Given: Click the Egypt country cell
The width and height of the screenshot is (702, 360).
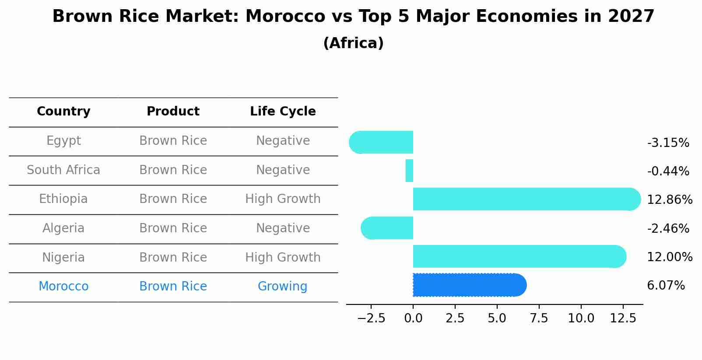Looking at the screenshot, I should [x=63, y=141].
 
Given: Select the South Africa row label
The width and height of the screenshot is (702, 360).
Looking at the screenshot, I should [x=63, y=170].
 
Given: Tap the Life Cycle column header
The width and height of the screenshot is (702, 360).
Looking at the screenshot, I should [x=283, y=112].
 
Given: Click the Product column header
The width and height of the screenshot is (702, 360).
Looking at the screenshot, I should [x=173, y=112].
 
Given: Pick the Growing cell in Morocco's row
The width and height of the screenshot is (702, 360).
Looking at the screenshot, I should [x=282, y=287].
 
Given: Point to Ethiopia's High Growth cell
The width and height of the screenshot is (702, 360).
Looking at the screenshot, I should [x=283, y=199].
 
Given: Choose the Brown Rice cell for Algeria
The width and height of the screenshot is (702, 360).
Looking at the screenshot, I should [x=173, y=228].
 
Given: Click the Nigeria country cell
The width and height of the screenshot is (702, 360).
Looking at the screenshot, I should [x=63, y=258].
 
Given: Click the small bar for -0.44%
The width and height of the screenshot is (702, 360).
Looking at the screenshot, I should [x=409, y=171].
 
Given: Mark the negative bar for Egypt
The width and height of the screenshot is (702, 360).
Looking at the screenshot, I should [x=381, y=142].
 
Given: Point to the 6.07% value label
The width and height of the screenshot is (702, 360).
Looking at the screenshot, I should [x=666, y=286].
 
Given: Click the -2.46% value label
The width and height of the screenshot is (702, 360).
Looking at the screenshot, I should [x=668, y=228].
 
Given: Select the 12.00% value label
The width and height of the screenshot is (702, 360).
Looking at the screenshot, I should [x=670, y=257].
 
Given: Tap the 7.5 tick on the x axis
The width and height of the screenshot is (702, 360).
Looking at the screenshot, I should [x=539, y=318].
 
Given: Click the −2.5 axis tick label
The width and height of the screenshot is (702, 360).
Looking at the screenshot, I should [x=371, y=318].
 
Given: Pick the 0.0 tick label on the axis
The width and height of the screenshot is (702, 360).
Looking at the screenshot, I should [x=413, y=318].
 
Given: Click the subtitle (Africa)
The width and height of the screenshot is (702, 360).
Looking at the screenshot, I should [x=353, y=43].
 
